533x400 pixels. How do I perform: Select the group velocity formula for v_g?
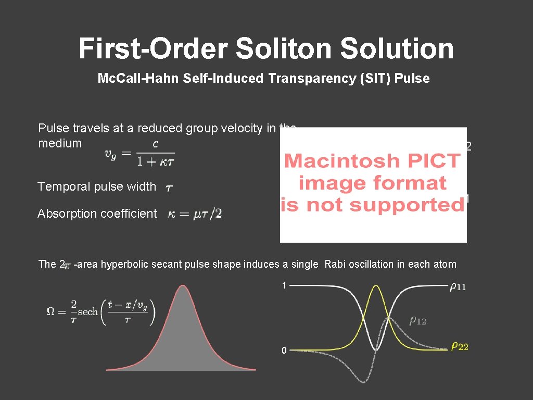pyautogui.click(x=139, y=152)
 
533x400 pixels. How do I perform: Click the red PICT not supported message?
pyautogui.click(x=373, y=183)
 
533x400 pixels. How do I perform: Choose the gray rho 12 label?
pyautogui.click(x=417, y=321)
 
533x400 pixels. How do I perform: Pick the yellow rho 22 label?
pyautogui.click(x=459, y=346)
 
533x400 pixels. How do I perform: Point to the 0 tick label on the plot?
pyautogui.click(x=284, y=351)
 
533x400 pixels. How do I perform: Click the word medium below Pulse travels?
pyautogui.click(x=60, y=143)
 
